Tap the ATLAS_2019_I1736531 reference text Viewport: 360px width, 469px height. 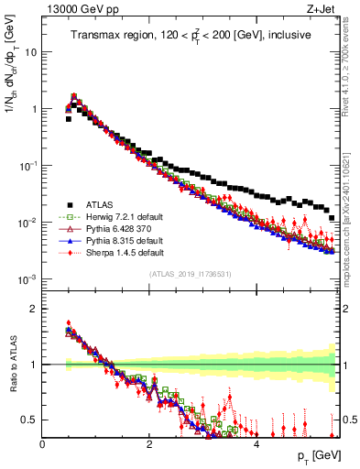click(x=190, y=275)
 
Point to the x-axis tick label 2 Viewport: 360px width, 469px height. click(x=149, y=443)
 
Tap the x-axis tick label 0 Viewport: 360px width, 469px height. click(x=42, y=443)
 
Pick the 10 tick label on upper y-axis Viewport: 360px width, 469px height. click(x=31, y=52)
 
